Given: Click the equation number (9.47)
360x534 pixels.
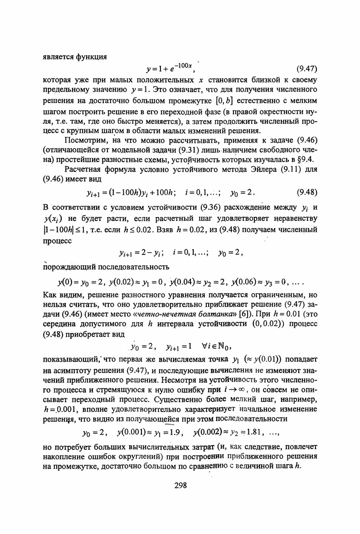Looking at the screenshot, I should click(x=306, y=69).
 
